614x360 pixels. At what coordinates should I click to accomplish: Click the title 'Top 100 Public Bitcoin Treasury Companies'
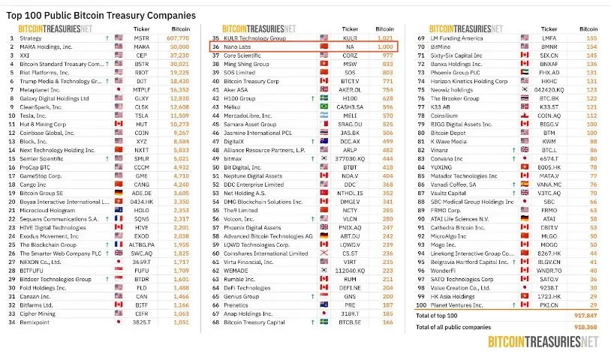coord(101,15)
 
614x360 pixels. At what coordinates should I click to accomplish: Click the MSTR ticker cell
coord(142,37)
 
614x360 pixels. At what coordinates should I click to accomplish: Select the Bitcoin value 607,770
coord(177,37)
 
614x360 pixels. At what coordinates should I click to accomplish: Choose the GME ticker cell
coord(142,175)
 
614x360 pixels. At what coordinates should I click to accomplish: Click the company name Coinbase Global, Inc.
coord(46,132)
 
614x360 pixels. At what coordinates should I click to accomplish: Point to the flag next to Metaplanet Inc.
coord(119,88)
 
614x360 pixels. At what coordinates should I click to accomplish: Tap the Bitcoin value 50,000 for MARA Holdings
coord(179,46)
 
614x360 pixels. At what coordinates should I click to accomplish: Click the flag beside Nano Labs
coord(324,46)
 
